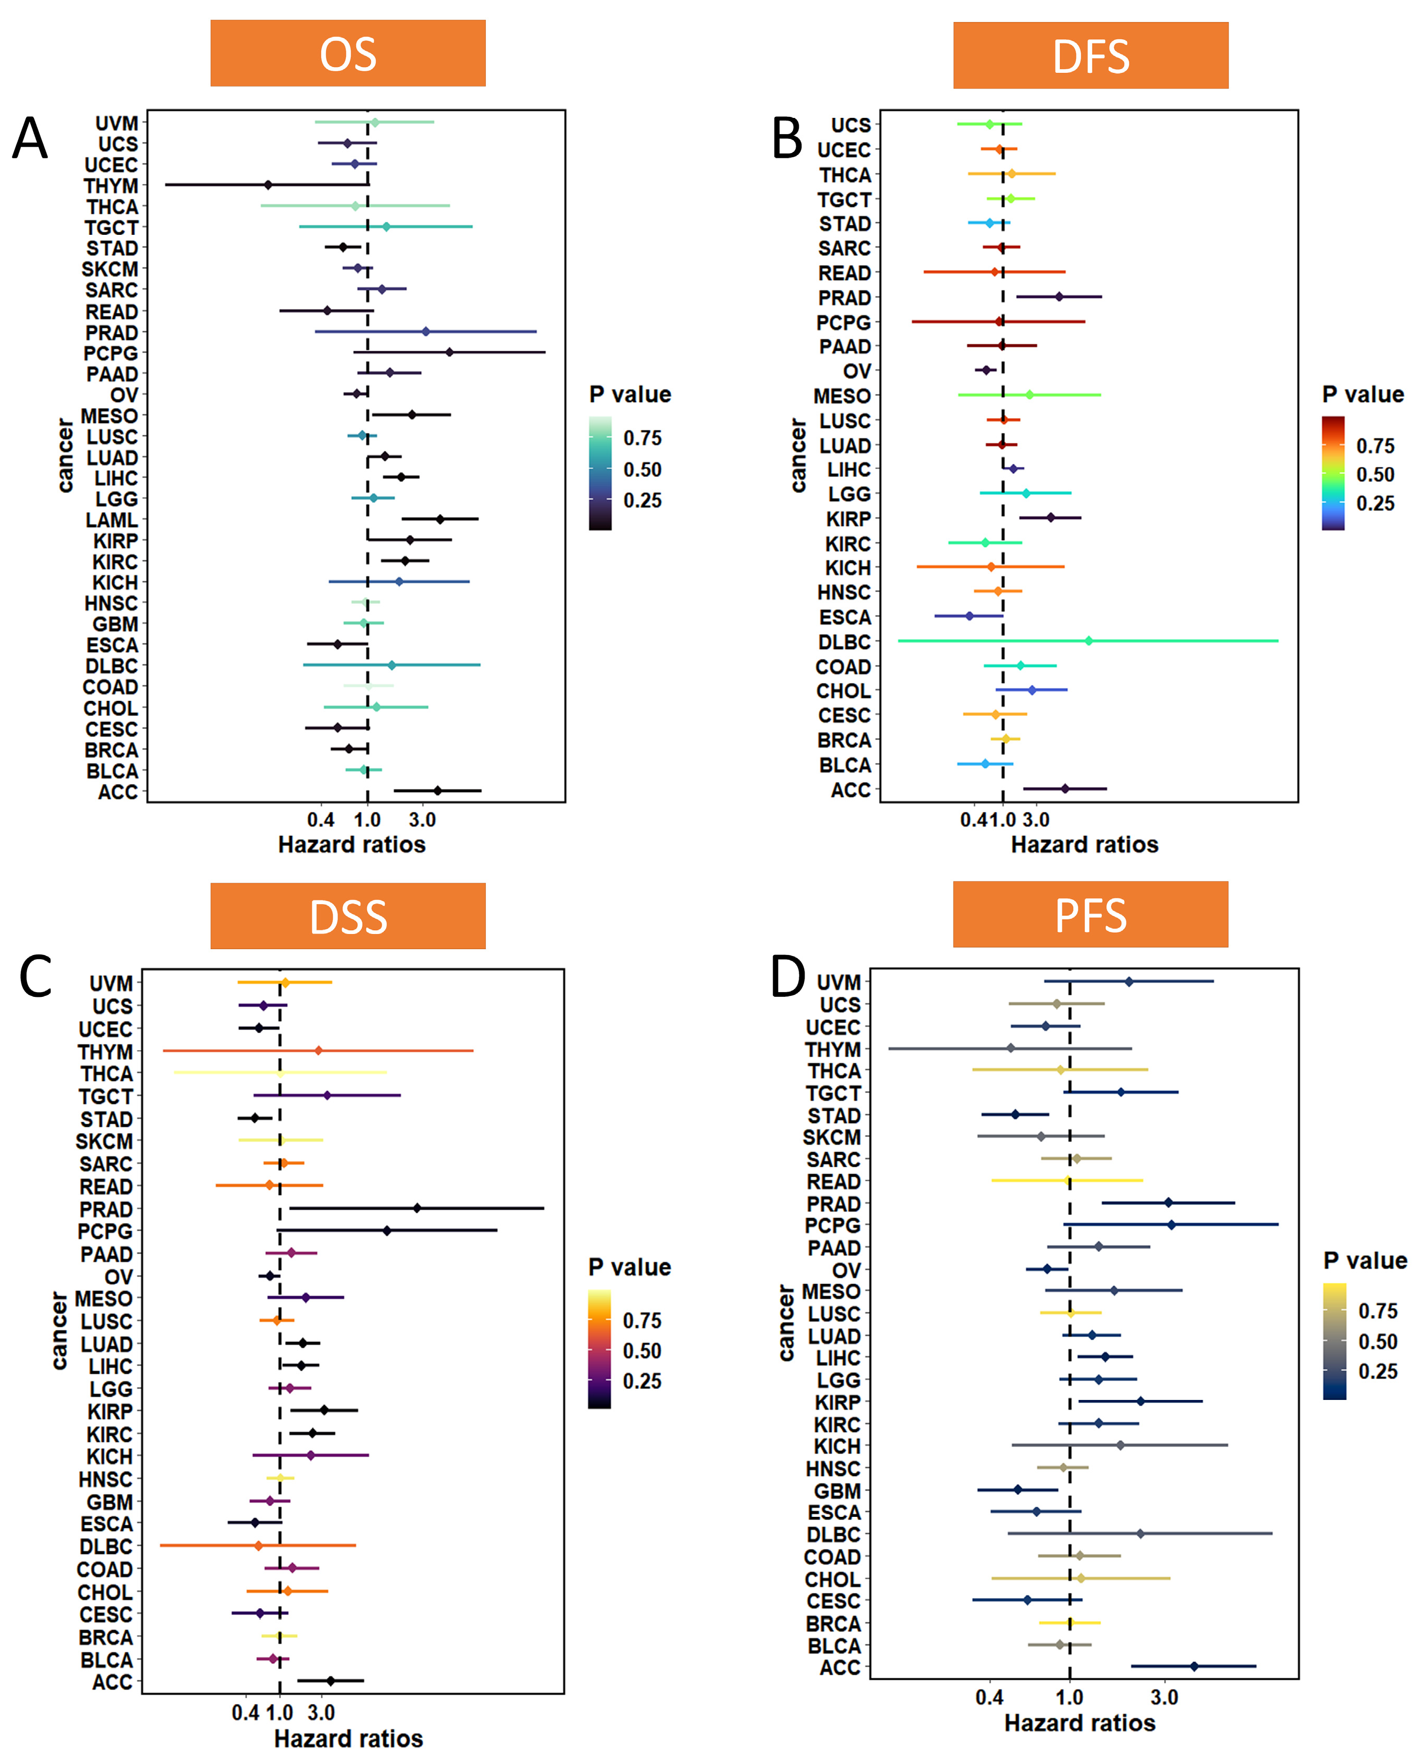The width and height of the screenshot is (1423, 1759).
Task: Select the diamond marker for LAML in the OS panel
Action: click(440, 519)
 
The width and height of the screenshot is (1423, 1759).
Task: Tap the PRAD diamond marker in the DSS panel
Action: click(417, 1208)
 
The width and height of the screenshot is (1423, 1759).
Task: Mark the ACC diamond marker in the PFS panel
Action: click(1194, 1666)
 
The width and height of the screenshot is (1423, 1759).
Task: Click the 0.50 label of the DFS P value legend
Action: click(1375, 474)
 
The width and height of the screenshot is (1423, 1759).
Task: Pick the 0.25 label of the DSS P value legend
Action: click(642, 1381)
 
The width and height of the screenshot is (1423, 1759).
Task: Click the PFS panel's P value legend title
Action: click(1365, 1261)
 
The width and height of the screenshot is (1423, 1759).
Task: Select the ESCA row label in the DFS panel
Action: click(844, 617)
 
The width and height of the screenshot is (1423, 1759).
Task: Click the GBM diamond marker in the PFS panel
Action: click(1018, 1489)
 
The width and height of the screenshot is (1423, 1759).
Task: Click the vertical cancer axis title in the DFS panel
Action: click(798, 455)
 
